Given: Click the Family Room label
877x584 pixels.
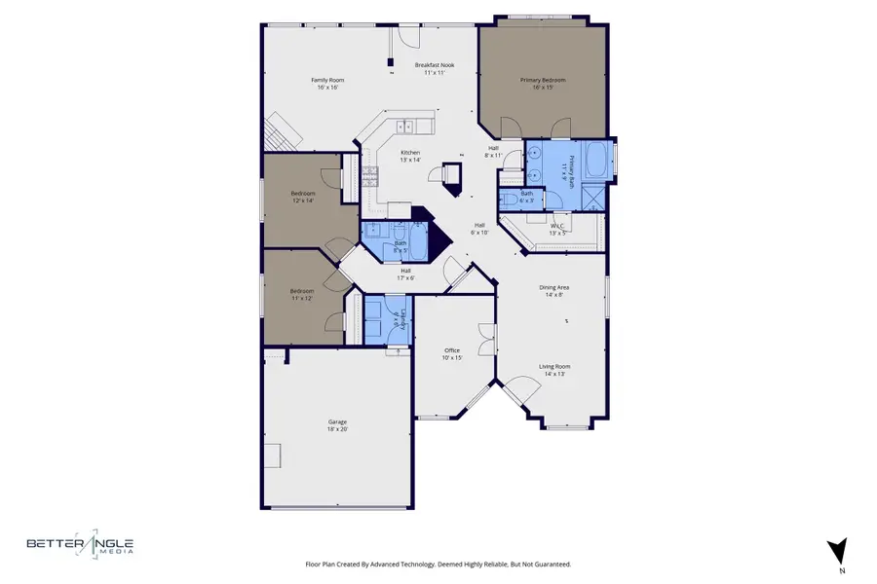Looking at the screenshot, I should coord(327,84).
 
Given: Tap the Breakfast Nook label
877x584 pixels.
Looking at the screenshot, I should coord(434,69).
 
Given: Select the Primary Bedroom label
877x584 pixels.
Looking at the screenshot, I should coord(549,84).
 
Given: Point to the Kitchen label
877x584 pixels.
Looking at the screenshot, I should coord(410,156).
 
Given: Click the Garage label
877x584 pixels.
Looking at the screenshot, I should coord(337,425).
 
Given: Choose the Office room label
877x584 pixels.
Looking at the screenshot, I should coord(451,353).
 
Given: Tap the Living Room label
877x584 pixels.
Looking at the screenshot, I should coord(553,370).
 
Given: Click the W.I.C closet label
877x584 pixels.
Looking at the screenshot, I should coord(557,230).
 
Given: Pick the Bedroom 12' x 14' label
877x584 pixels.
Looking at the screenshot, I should coord(303,197).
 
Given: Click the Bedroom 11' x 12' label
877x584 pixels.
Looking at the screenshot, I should coord(301,294).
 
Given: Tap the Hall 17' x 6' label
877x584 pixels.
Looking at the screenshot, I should coord(405,274).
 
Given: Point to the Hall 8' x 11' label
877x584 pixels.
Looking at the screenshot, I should coord(494,152).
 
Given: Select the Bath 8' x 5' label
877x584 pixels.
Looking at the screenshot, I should coord(400,247).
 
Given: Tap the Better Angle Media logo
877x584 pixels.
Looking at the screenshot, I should coord(81,547).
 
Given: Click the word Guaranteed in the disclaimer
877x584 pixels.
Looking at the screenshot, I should coord(550,564).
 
